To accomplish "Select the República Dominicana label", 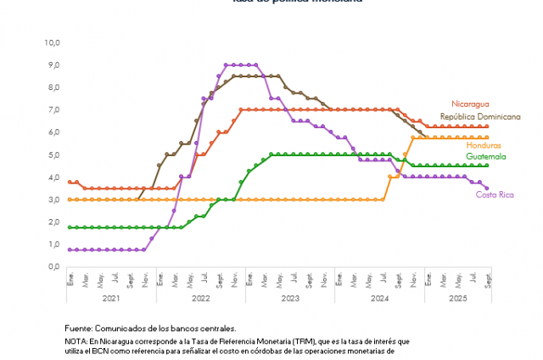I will [x=479, y=115].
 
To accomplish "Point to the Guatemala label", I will [x=485, y=156].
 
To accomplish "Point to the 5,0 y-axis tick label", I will [x=53, y=155].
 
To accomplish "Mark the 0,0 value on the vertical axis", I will [x=53, y=267].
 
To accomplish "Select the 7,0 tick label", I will [x=53, y=110].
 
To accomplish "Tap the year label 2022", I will [x=201, y=298].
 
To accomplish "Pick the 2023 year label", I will [x=290, y=298].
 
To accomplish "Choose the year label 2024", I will [x=379, y=298].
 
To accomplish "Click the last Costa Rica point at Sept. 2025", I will [x=487, y=188].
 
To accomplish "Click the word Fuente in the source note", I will [x=78, y=328].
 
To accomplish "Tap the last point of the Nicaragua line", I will [x=487, y=127].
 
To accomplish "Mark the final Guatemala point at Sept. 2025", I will [x=487, y=166].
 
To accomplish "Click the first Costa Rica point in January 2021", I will [x=70, y=250].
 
